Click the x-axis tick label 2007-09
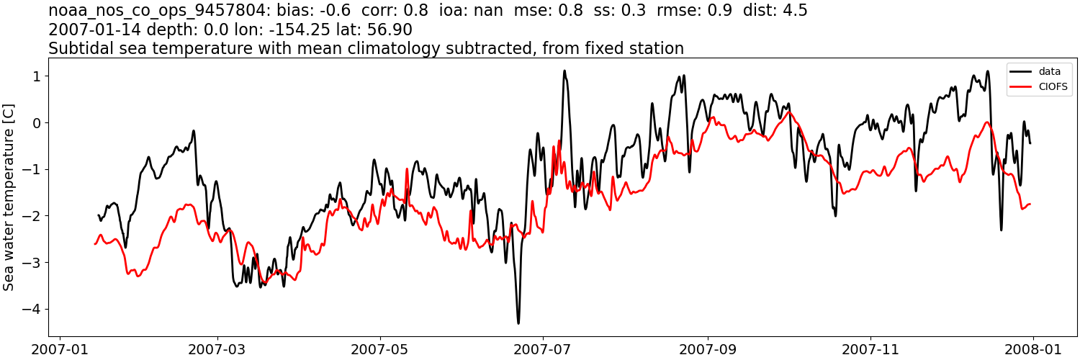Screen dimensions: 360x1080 tap(708, 349)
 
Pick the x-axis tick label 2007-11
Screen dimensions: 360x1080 tap(870, 349)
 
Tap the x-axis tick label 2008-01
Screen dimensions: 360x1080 tap(1033, 349)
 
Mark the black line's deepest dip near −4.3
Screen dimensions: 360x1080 tap(518, 323)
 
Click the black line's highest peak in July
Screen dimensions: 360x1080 tap(564, 71)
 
